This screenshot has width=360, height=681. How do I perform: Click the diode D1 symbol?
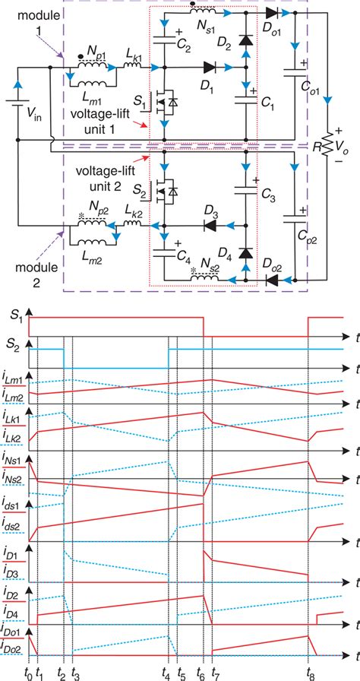[x=209, y=68]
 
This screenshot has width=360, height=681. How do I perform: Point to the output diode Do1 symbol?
[x=272, y=13]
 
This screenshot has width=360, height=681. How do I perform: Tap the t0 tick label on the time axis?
[x=28, y=673]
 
